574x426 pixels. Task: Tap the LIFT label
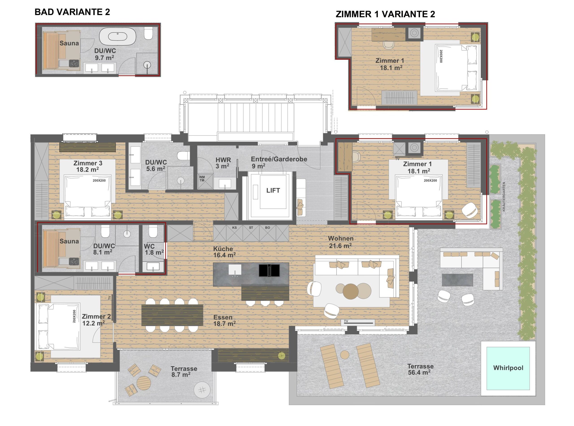point(273,190)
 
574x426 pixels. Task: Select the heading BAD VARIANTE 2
point(72,12)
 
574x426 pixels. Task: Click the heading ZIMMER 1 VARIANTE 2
point(385,14)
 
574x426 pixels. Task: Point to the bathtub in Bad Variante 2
point(118,36)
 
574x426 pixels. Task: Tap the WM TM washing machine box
point(205,181)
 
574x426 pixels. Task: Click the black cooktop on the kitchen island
point(269,271)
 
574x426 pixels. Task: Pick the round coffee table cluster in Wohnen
point(353,291)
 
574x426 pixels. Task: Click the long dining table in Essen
point(172,315)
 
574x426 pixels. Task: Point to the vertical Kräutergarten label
point(504,197)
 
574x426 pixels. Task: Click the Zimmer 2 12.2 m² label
point(93,320)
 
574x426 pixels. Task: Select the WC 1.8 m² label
point(154,249)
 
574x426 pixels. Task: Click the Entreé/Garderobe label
point(279,162)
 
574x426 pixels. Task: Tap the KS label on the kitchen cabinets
point(234,228)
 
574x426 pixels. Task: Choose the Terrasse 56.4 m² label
point(420,369)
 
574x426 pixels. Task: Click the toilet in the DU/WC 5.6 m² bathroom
point(183,156)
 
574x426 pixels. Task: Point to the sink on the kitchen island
point(235,270)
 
